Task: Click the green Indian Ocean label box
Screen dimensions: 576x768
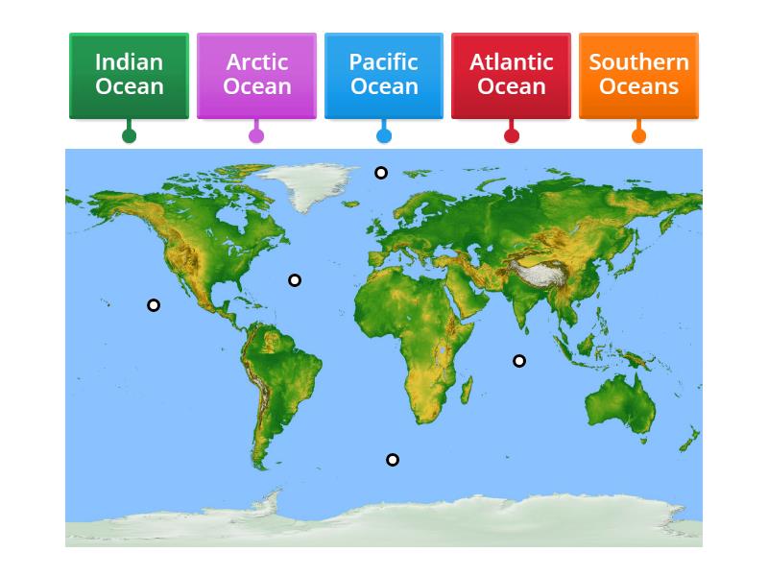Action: click(129, 75)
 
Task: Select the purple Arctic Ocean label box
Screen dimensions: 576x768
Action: click(256, 75)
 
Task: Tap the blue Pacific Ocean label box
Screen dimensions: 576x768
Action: click(383, 75)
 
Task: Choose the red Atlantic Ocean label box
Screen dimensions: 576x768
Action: click(511, 75)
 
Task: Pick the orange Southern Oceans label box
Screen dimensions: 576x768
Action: click(638, 75)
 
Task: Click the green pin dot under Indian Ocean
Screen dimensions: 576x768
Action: click(129, 135)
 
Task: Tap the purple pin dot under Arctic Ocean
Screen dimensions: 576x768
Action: click(256, 135)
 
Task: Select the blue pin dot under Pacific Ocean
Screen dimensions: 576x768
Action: click(384, 135)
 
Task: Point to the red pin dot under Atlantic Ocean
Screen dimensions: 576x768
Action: click(512, 135)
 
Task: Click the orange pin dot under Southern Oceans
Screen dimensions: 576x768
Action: click(638, 135)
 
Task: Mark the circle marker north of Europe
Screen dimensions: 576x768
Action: click(381, 173)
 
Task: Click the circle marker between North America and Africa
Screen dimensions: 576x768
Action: click(295, 280)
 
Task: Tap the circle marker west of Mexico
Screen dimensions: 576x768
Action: click(154, 305)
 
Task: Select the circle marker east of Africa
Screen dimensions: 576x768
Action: click(519, 361)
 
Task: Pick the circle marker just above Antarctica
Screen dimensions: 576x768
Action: click(393, 460)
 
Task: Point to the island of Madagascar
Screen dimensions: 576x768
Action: click(467, 388)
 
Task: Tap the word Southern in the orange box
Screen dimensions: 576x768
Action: click(638, 62)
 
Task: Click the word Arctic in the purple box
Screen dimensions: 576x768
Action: click(256, 62)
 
